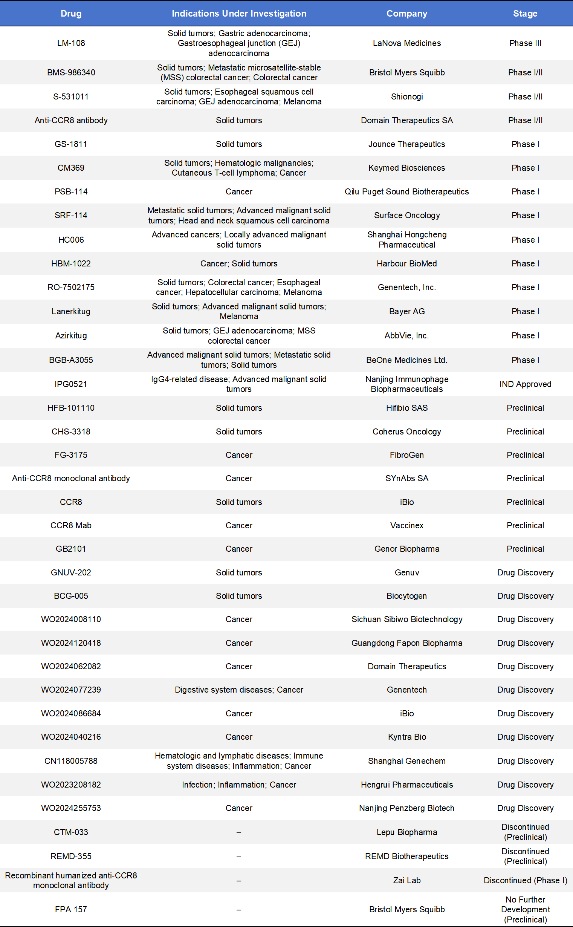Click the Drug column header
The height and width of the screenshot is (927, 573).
pyautogui.click(x=71, y=14)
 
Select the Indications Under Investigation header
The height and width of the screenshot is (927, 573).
pyautogui.click(x=239, y=14)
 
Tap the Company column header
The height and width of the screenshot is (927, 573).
pyautogui.click(x=406, y=14)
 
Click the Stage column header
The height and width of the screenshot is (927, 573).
pyautogui.click(x=525, y=14)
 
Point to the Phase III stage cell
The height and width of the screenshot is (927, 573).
pyautogui.click(x=525, y=43)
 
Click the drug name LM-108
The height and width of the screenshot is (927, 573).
pyautogui.click(x=71, y=43)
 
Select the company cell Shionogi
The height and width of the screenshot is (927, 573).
pyautogui.click(x=406, y=96)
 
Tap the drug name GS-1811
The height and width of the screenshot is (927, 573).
pyautogui.click(x=71, y=144)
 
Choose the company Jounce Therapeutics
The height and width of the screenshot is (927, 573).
pyautogui.click(x=406, y=144)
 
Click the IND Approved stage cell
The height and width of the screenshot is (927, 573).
pyautogui.click(x=525, y=384)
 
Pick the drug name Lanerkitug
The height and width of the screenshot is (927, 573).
pyautogui.click(x=71, y=311)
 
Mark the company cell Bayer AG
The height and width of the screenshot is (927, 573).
pyautogui.click(x=406, y=311)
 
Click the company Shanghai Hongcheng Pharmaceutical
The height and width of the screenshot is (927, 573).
pyautogui.click(x=406, y=240)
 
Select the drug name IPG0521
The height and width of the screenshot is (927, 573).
pyautogui.click(x=71, y=384)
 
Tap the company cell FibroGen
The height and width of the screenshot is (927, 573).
pyautogui.click(x=406, y=455)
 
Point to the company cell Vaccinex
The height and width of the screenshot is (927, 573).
pyautogui.click(x=406, y=525)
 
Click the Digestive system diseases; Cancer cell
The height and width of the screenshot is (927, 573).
pyautogui.click(x=239, y=690)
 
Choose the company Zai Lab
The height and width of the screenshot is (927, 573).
pyautogui.click(x=406, y=880)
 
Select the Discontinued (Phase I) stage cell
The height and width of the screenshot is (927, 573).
pyautogui.click(x=525, y=880)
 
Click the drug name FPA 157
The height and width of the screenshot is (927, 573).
pyautogui.click(x=71, y=909)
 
